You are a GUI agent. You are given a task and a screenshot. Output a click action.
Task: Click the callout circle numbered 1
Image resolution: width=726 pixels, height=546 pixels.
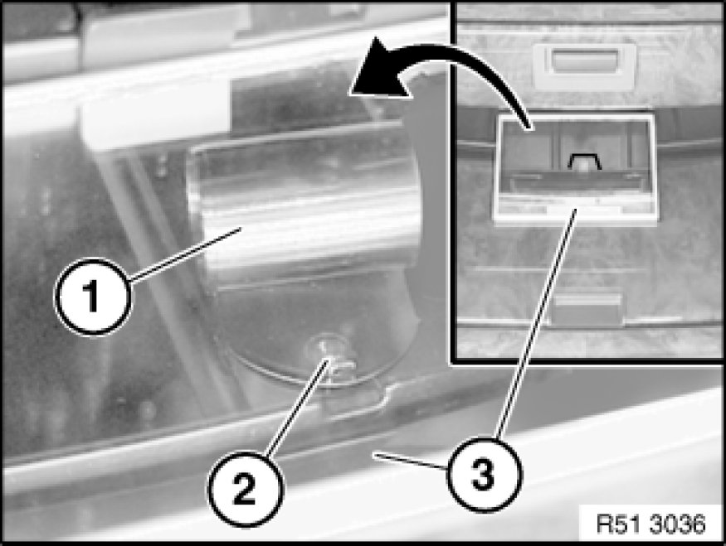click(93, 297)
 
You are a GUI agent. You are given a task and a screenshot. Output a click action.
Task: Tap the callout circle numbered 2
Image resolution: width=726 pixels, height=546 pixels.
click(245, 488)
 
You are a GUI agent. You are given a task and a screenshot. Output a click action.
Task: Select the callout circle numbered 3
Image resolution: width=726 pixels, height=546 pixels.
click(484, 475)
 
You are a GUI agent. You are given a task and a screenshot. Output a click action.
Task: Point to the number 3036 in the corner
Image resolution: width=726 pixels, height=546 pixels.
click(677, 524)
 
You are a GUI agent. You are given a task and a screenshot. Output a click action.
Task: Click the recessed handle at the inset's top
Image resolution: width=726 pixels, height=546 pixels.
click(584, 65)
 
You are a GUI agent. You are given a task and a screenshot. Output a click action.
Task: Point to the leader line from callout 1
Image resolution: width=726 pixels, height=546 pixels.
click(186, 254)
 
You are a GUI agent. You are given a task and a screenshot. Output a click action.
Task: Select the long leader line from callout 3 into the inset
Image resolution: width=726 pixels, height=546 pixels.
click(537, 324)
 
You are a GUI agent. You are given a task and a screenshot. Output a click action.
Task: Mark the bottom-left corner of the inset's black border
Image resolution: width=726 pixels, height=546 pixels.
click(452, 362)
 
